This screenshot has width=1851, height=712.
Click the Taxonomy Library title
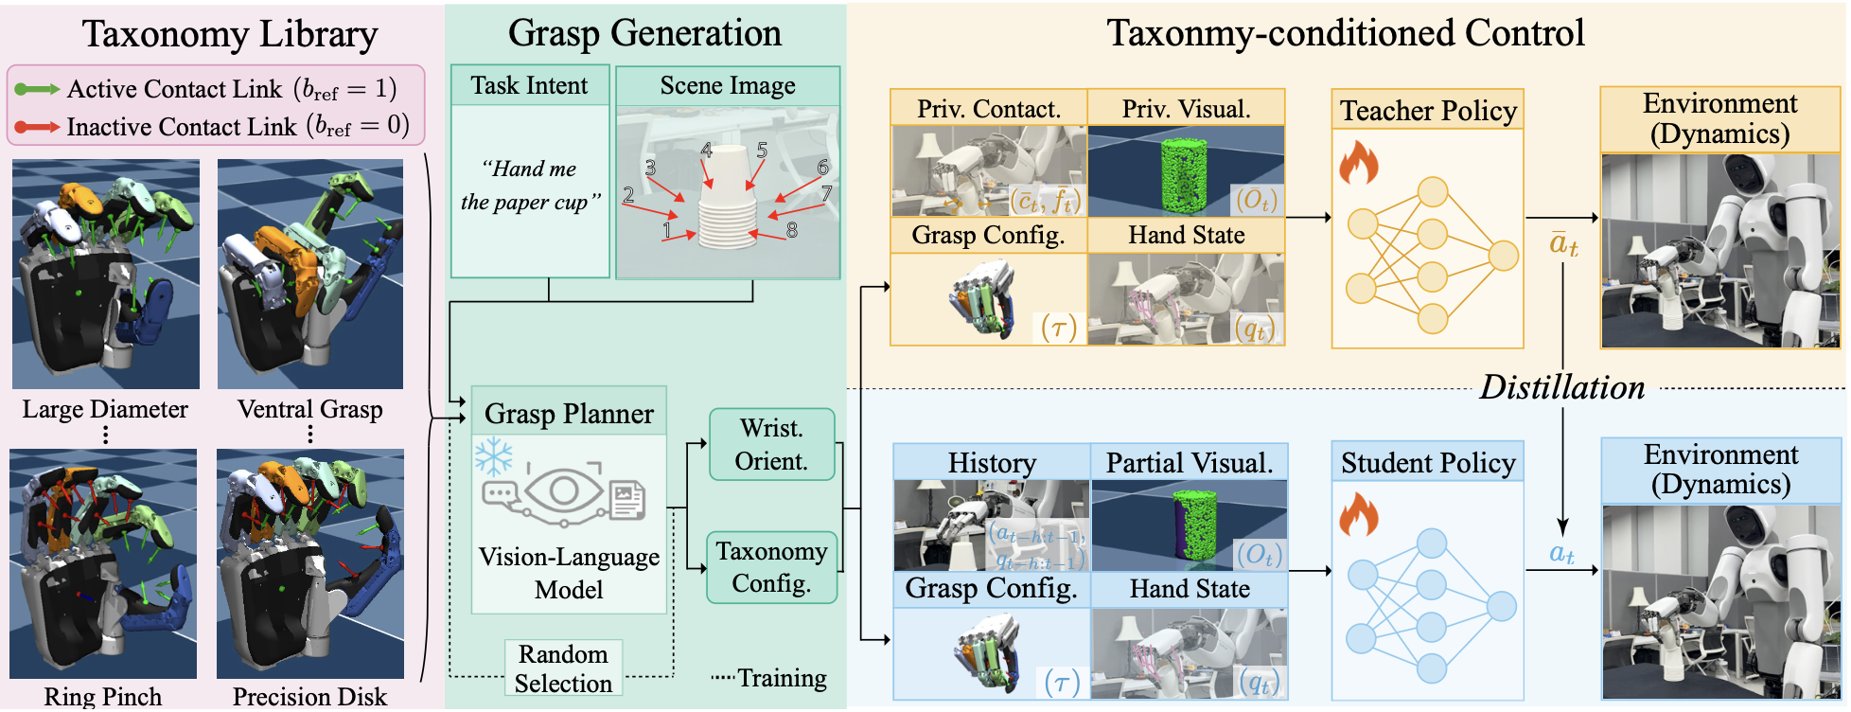pyautogui.click(x=229, y=34)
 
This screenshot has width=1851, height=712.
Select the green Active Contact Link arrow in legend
pyautogui.click(x=37, y=90)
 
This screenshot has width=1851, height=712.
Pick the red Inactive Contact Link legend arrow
pyautogui.click(x=37, y=127)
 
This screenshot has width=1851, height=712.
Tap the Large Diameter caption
pyautogui.click(x=105, y=409)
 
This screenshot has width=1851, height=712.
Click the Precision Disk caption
pyautogui.click(x=309, y=697)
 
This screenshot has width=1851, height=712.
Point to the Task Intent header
pyautogui.click(x=529, y=86)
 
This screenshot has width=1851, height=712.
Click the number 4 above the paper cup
pyautogui.click(x=706, y=151)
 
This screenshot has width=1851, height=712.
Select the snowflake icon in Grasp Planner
pyautogui.click(x=493, y=456)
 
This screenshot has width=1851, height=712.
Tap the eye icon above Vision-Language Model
pyautogui.click(x=564, y=490)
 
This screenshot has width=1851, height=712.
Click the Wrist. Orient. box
pyautogui.click(x=772, y=445)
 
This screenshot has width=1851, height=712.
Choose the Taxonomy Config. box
pyautogui.click(x=771, y=567)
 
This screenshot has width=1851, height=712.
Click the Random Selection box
pyautogui.click(x=563, y=668)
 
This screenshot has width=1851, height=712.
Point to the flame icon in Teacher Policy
pyautogui.click(x=1358, y=163)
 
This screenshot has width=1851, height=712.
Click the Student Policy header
pyautogui.click(x=1427, y=463)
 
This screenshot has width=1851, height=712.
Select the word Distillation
pyautogui.click(x=1561, y=387)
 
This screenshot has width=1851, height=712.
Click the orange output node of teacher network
pyautogui.click(x=1503, y=255)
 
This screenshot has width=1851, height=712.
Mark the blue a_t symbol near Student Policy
pyautogui.click(x=1561, y=554)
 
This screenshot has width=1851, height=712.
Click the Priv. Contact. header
pyautogui.click(x=988, y=109)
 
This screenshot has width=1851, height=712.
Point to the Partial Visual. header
pyautogui.click(x=1189, y=463)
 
